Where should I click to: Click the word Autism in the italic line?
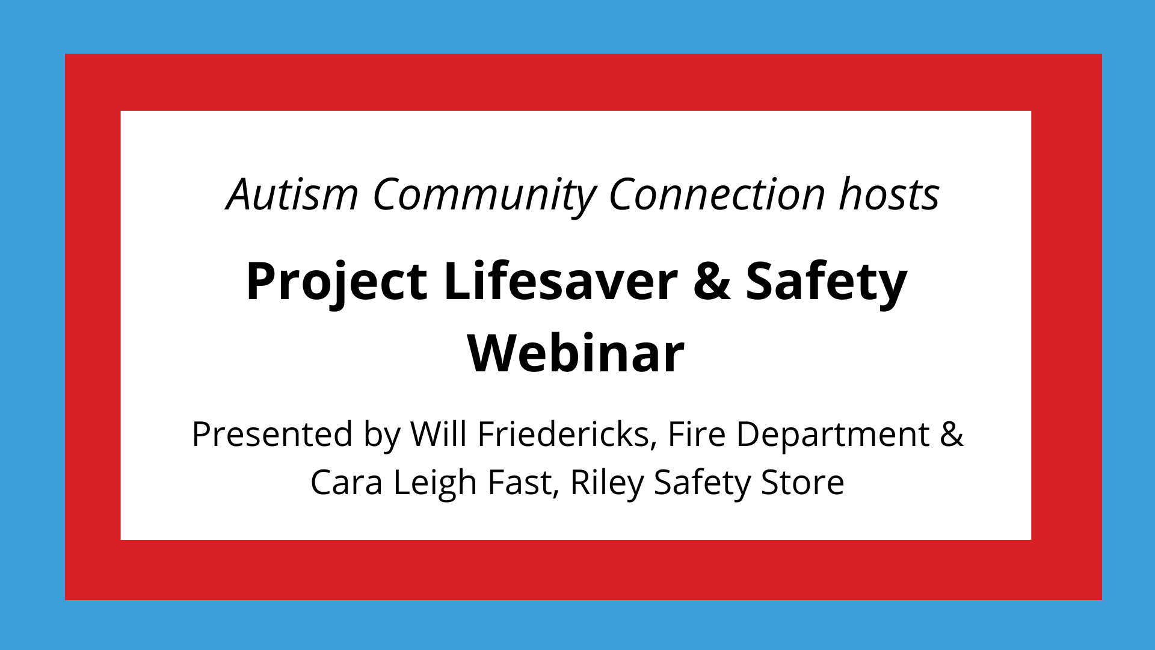coord(293,194)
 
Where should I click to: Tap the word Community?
coord(485,196)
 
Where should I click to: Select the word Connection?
coord(717,194)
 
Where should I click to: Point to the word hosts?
coord(889,194)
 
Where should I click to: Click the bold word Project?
coord(336,282)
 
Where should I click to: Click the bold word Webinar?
coord(576,353)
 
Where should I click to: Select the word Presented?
coord(272,434)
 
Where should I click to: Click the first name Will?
coord(439,434)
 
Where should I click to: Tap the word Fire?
coord(697,434)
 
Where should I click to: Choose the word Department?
coord(833,435)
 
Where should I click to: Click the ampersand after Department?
coord(952,434)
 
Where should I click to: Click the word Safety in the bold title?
coord(826,282)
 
